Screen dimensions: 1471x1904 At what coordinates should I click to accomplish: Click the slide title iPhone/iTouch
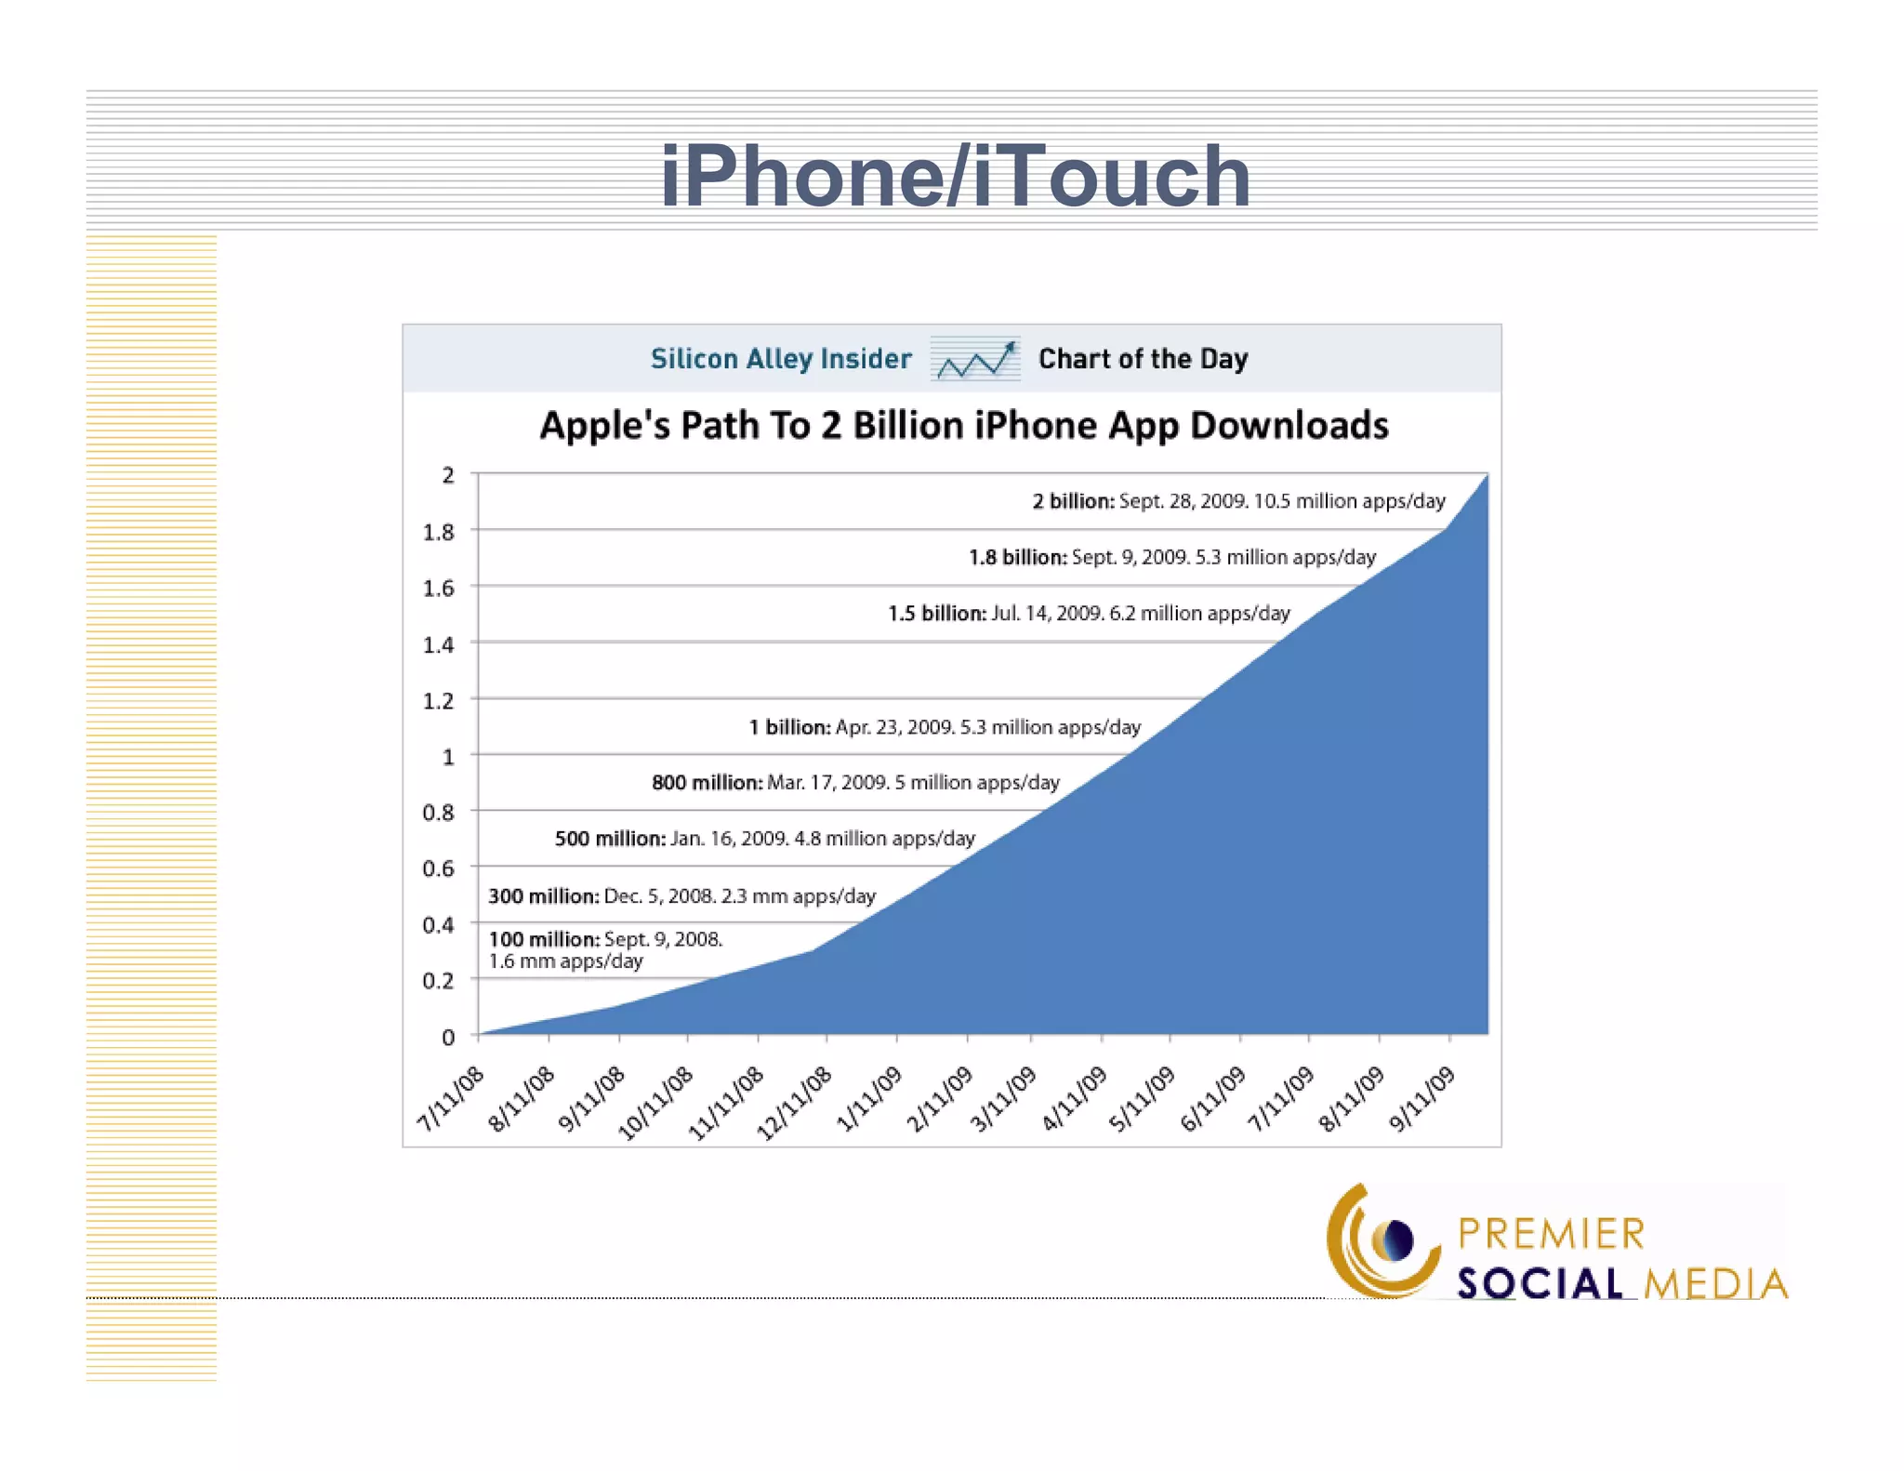(x=955, y=177)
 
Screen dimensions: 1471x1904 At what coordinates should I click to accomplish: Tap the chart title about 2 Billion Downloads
(x=964, y=426)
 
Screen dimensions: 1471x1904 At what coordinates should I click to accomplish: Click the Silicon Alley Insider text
(x=781, y=359)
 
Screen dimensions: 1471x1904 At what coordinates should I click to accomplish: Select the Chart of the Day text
(x=1143, y=359)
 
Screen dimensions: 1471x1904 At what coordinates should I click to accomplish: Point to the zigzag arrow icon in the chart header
(x=975, y=360)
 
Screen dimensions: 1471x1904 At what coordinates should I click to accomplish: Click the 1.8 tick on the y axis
(x=439, y=532)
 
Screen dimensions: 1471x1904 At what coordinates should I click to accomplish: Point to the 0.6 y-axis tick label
(x=439, y=868)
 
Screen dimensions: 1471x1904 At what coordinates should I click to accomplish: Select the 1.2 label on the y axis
(x=439, y=700)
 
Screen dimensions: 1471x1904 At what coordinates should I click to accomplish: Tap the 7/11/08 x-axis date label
(x=451, y=1099)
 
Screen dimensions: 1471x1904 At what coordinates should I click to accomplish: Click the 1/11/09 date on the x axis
(x=869, y=1099)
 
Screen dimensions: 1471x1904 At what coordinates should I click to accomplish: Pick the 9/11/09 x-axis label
(x=1421, y=1099)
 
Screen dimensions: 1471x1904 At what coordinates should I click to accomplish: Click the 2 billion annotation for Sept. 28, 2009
(x=1238, y=501)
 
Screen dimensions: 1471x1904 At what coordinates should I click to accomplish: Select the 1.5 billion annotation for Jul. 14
(x=1089, y=614)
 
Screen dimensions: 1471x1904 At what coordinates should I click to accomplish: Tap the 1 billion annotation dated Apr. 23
(x=945, y=727)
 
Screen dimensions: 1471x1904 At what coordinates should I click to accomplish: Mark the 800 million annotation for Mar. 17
(x=855, y=783)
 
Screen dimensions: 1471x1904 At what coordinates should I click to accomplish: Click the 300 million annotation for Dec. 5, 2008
(x=681, y=896)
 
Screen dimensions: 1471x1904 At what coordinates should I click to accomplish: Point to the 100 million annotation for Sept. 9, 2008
(x=605, y=949)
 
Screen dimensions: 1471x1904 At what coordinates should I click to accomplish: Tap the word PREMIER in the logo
(x=1551, y=1234)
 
